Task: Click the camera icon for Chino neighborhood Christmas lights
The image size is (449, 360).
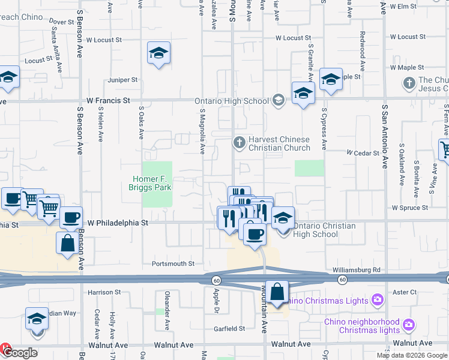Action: coord(409,325)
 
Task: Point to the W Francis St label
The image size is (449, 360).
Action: coord(108,101)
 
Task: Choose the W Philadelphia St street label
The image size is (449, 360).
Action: coord(118,223)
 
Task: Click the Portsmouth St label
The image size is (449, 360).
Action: coord(173,263)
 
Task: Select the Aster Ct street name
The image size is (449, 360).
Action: coord(405,292)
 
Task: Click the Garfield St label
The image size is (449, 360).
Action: coord(231,329)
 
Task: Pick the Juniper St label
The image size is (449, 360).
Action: coord(122,79)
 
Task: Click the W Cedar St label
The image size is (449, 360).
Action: coord(363,153)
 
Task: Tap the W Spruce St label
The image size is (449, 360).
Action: coord(409,208)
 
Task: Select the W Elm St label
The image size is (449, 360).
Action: coord(403,6)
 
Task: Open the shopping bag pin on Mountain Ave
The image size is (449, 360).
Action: coord(277,293)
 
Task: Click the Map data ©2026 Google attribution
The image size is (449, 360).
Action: coord(412,355)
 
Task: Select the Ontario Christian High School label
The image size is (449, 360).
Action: coord(324,230)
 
